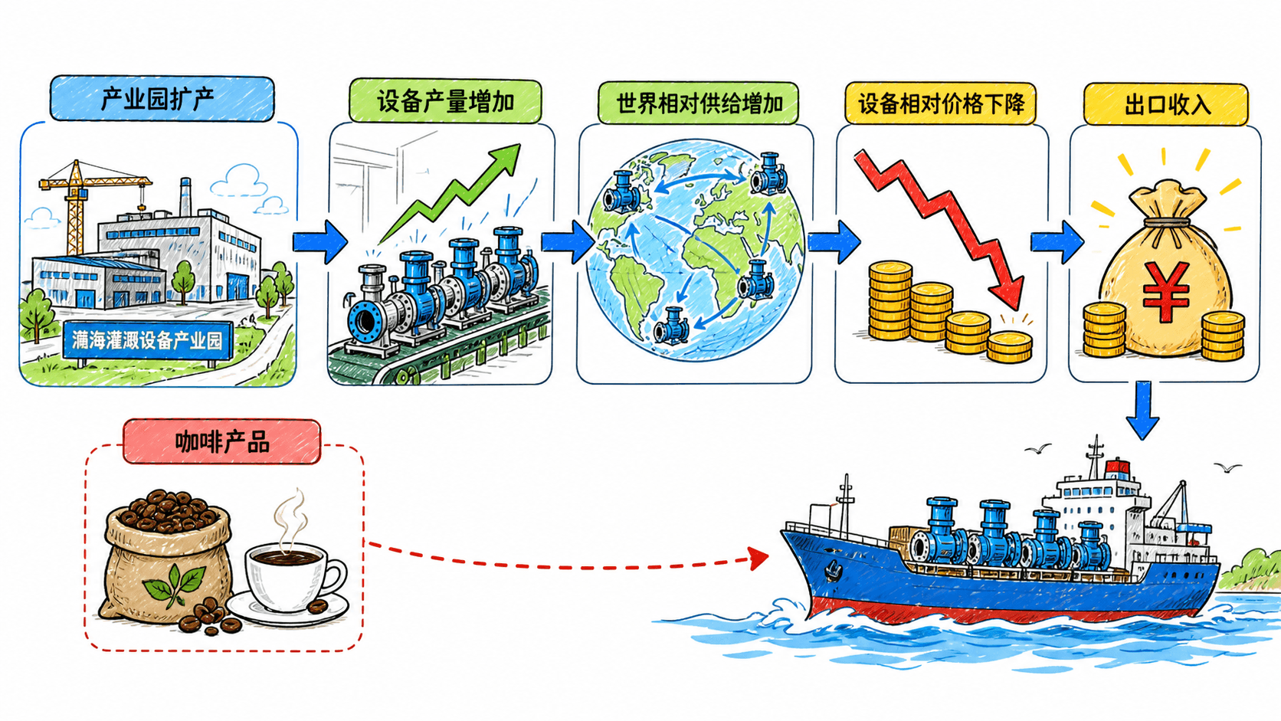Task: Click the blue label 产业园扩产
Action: click(x=162, y=98)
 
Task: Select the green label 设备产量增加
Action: click(x=445, y=102)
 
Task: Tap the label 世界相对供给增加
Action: click(x=698, y=103)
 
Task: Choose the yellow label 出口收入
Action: click(x=1165, y=105)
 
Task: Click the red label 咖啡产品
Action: click(x=222, y=442)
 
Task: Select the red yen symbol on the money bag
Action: click(x=1166, y=291)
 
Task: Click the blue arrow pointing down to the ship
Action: click(x=1142, y=410)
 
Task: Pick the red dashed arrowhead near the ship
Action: click(x=758, y=558)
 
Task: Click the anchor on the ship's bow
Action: click(x=832, y=570)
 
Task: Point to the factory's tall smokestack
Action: click(x=185, y=197)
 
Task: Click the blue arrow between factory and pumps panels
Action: click(x=320, y=242)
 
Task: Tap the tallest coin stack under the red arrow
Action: click(x=889, y=300)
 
